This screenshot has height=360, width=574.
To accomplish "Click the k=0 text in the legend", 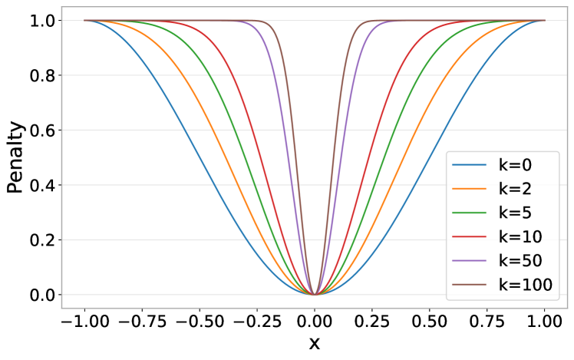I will (515, 164).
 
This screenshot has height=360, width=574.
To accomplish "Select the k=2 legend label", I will (515, 188).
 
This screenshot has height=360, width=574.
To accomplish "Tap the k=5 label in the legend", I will (515, 213).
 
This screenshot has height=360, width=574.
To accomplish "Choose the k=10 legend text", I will (520, 236).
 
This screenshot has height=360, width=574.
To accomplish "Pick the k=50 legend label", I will (520, 261).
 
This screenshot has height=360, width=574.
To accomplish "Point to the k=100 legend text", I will (525, 285).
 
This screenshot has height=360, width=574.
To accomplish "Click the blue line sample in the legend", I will (469, 165).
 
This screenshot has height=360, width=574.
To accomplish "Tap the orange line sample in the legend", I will (469, 189).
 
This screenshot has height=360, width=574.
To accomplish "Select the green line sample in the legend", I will (469, 213).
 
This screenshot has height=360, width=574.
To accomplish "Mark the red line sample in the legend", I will (469, 237).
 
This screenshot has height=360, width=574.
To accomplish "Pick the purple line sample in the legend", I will (469, 262).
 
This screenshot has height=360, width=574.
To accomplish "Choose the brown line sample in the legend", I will (469, 286).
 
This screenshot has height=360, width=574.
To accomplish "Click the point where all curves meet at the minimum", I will (315, 294).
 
